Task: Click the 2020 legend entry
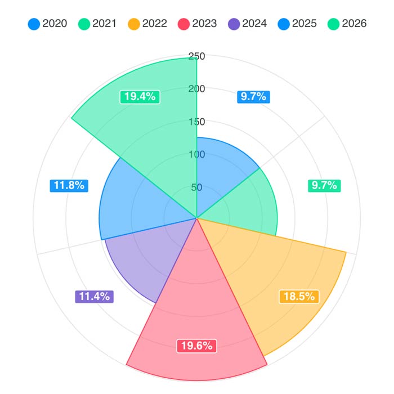[x=48, y=24]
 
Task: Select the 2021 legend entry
[x=98, y=24]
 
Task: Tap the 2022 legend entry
[x=147, y=24]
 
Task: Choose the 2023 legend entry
[x=198, y=24]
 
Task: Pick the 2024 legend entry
[x=248, y=24]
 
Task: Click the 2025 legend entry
[x=298, y=24]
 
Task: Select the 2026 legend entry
[x=347, y=24]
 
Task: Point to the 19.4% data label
[x=140, y=96]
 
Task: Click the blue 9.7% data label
[x=253, y=96]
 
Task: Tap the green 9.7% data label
[x=324, y=185]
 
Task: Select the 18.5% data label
[x=299, y=297]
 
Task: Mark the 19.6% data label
[x=196, y=346]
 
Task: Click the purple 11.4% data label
[x=94, y=297]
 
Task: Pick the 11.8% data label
[x=69, y=185]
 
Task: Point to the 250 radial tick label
[x=197, y=56]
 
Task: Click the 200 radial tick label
[x=197, y=88]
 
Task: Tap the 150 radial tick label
[x=197, y=122]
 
